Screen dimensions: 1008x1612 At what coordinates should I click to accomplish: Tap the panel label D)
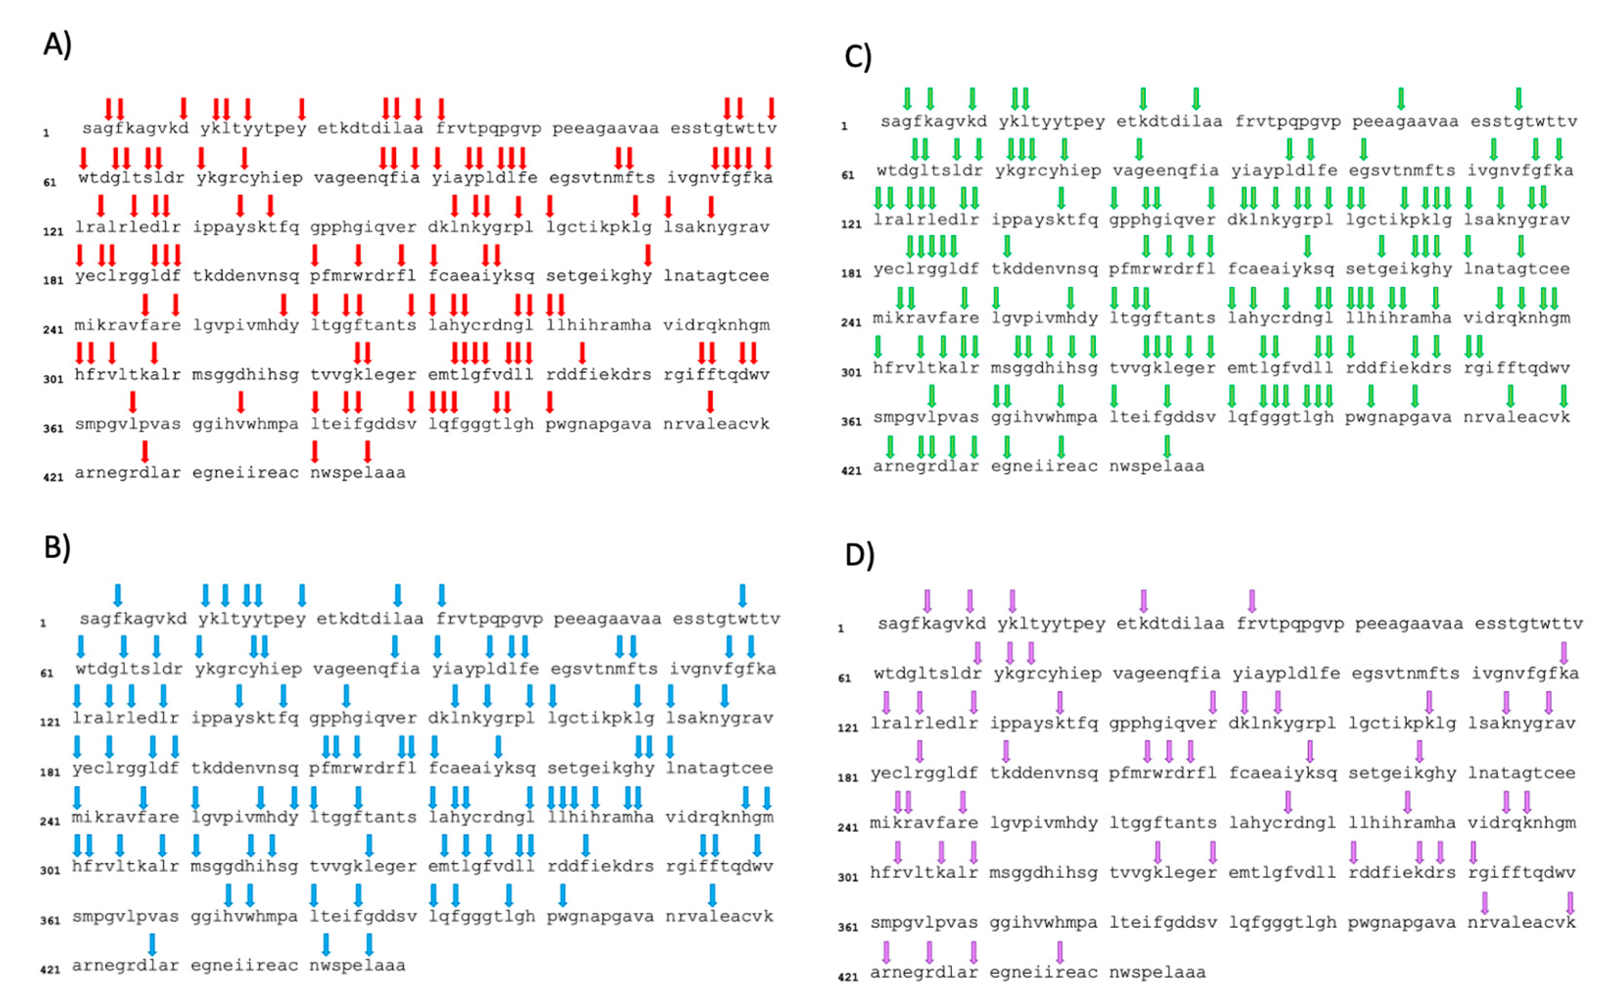click(x=859, y=555)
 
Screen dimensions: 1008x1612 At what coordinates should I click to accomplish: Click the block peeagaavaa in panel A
click(x=605, y=128)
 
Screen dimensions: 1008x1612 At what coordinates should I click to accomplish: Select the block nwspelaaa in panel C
click(x=1156, y=466)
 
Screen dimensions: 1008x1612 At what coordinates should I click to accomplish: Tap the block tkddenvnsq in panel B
click(x=244, y=768)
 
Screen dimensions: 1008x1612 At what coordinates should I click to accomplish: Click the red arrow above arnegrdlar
click(x=145, y=451)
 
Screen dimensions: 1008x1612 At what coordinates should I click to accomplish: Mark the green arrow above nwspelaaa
click(x=1167, y=445)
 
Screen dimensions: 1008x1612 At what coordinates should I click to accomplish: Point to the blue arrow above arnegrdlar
click(x=152, y=944)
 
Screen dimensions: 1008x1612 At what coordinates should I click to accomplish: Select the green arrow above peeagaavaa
click(x=1401, y=98)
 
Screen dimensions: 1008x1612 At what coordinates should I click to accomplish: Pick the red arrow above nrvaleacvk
click(x=710, y=401)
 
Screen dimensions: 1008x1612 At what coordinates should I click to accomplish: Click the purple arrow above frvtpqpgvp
click(x=1251, y=601)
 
